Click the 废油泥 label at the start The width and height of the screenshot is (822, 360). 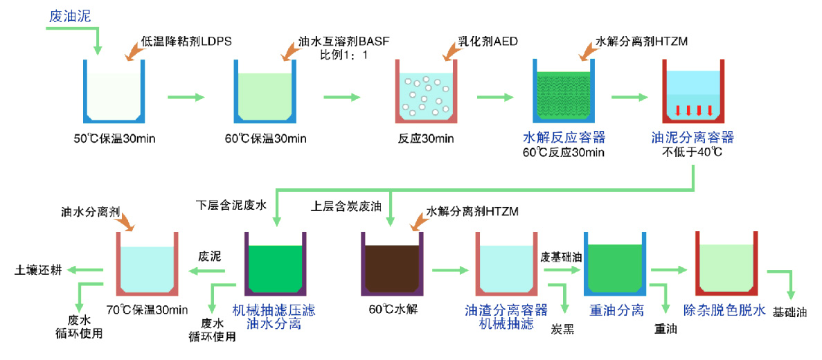(69, 15)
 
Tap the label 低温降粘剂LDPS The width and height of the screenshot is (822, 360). (186, 42)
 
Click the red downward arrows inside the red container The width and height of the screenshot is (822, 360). (693, 110)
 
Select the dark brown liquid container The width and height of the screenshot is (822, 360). (392, 265)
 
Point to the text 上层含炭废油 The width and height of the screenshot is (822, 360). (344, 205)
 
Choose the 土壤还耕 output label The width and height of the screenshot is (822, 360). (38, 271)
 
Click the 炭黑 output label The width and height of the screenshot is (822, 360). (562, 329)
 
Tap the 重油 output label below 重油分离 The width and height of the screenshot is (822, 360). (665, 330)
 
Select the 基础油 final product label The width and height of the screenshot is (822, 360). (789, 312)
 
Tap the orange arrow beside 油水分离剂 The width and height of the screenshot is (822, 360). (127, 223)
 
